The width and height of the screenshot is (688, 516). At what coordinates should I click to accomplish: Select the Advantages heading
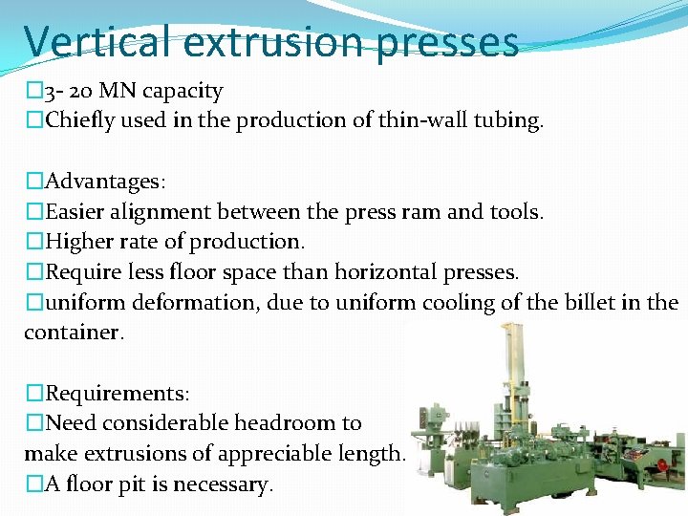(x=102, y=181)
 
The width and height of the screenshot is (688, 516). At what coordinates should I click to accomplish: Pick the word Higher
(x=79, y=242)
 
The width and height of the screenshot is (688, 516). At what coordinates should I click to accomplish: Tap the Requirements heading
(x=117, y=393)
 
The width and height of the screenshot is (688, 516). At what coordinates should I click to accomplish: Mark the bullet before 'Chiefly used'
(x=34, y=120)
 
